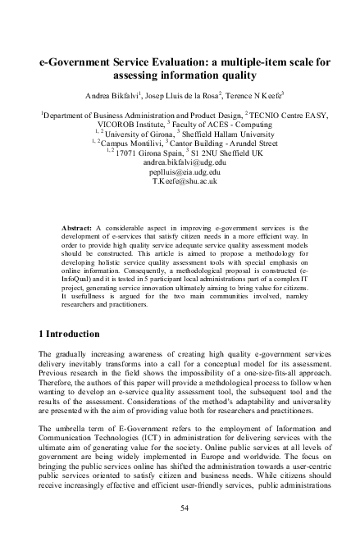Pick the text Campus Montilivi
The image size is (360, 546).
pos(130,143)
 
